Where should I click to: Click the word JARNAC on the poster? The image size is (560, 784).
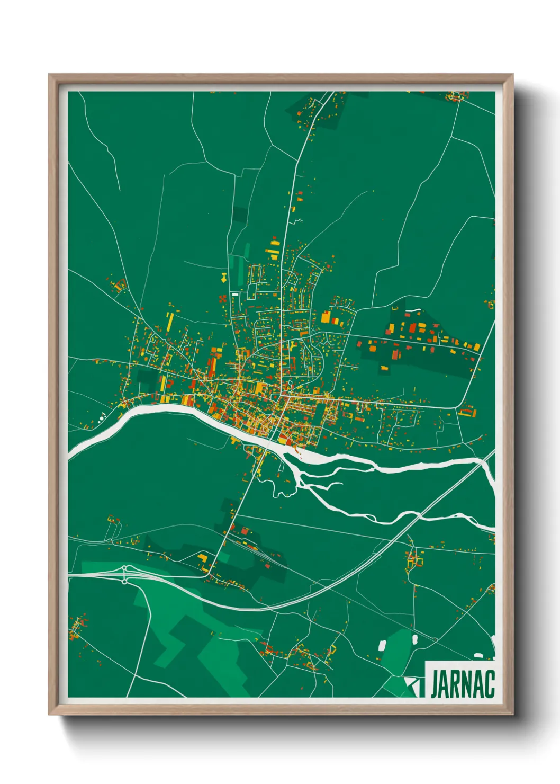[x=463, y=684]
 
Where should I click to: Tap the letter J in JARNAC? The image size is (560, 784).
[x=436, y=684]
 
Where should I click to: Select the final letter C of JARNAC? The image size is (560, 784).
[x=490, y=684]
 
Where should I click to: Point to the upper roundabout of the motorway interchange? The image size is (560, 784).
[x=124, y=568]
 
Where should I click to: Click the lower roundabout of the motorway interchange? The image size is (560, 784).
[x=124, y=581]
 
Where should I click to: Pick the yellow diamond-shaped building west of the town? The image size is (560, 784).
[x=224, y=276]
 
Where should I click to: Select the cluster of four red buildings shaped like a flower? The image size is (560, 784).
[x=222, y=299]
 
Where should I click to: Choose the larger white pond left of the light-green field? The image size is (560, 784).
[x=382, y=645]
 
